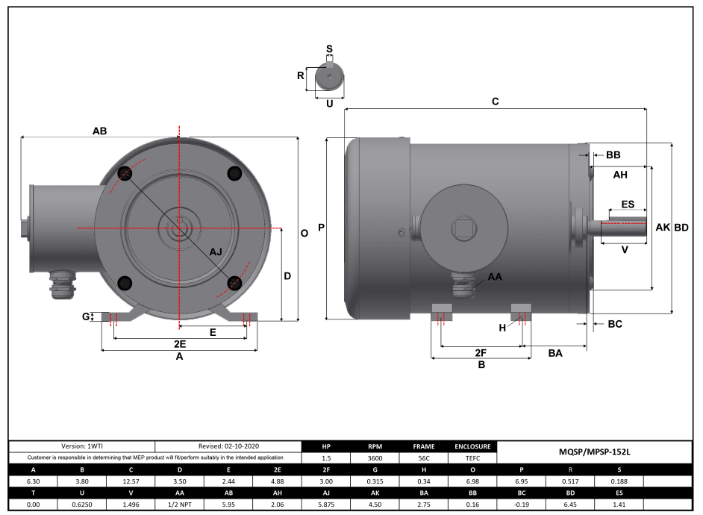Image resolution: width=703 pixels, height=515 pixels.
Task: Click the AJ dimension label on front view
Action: pyautogui.click(x=216, y=252)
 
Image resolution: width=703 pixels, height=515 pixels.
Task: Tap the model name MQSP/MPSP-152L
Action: pyautogui.click(x=596, y=452)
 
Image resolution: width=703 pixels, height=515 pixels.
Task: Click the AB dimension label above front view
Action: pyautogui.click(x=99, y=131)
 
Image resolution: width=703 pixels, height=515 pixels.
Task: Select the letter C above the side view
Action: pyautogui.click(x=495, y=102)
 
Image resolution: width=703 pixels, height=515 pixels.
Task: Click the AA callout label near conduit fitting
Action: pyautogui.click(x=495, y=277)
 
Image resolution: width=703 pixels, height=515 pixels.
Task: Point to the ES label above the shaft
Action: pyautogui.click(x=628, y=205)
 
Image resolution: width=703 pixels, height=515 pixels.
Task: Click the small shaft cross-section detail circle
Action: pyautogui.click(x=329, y=76)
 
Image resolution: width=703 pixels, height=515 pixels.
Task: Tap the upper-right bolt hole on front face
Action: pyautogui.click(x=234, y=173)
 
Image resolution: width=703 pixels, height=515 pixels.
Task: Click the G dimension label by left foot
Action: pyautogui.click(x=86, y=316)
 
